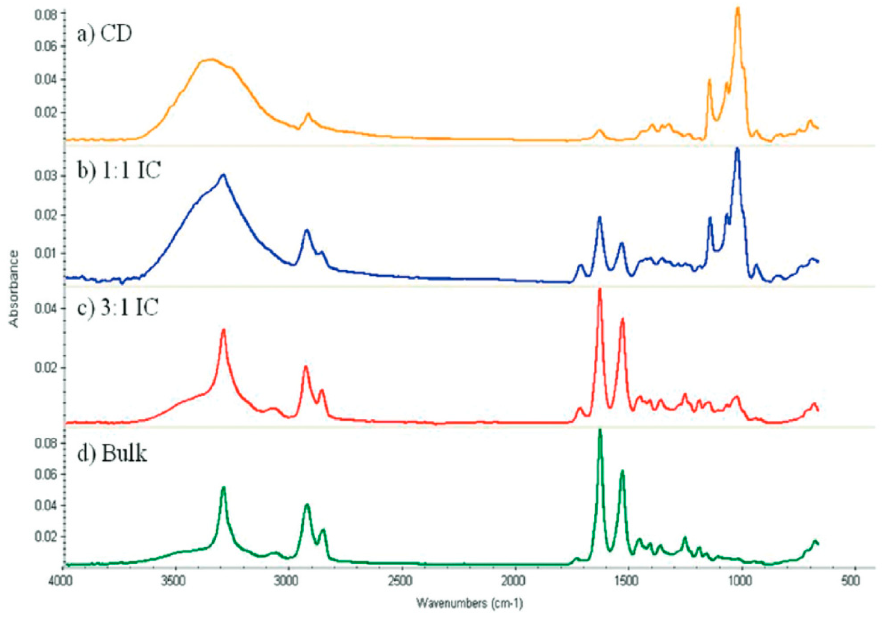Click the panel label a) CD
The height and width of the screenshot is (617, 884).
pyautogui.click(x=104, y=34)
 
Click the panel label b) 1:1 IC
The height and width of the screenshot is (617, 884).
pyautogui.click(x=118, y=170)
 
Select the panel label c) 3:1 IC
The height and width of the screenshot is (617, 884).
pyautogui.click(x=118, y=308)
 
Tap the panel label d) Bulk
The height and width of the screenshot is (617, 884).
pyautogui.click(x=112, y=453)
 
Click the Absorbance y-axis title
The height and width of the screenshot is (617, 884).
pyautogui.click(x=14, y=288)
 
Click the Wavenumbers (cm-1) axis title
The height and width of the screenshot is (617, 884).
pyautogui.click(x=470, y=603)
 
